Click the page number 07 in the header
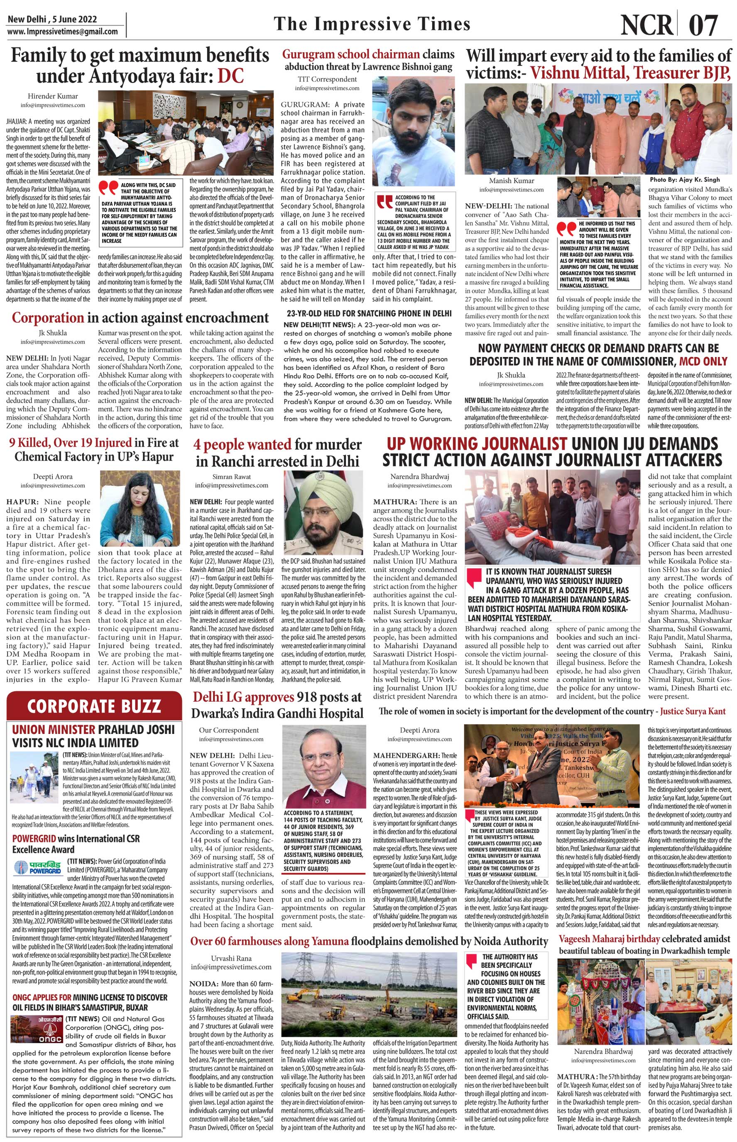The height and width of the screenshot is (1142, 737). pyautogui.click(x=704, y=24)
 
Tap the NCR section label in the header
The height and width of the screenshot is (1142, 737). pyautogui.click(x=647, y=24)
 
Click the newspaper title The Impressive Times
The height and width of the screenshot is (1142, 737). pyautogui.click(x=372, y=24)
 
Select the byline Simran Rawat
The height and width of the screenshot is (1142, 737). pyautogui.click(x=231, y=477)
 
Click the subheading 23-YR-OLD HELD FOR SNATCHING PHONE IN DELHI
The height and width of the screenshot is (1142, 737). pyautogui.click(x=369, y=313)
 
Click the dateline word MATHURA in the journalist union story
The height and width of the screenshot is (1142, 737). pyautogui.click(x=394, y=502)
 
